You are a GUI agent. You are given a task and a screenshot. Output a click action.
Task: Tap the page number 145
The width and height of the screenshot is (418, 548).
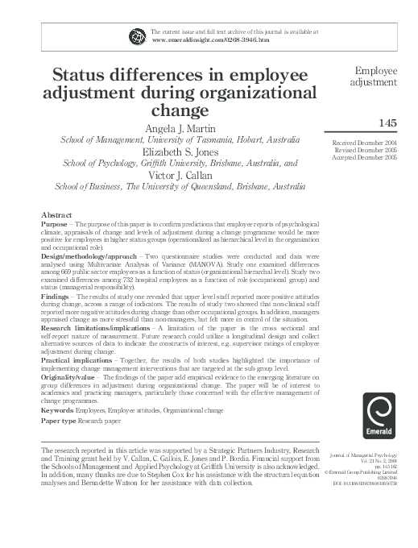[387, 122]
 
